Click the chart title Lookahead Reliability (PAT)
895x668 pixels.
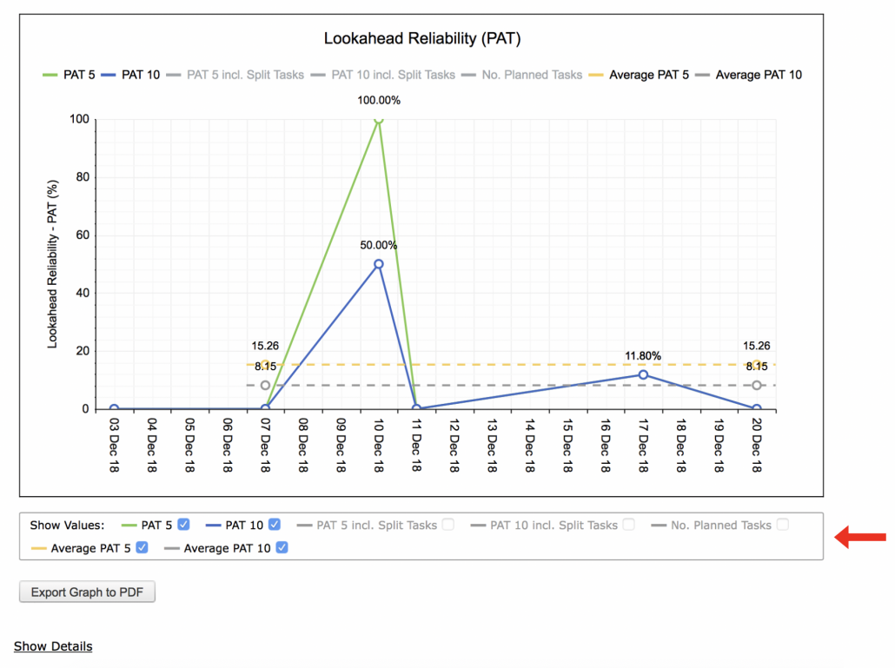421,38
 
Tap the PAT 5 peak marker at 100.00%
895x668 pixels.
379,119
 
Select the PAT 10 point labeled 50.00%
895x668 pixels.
379,264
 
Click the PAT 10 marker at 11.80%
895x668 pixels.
643,374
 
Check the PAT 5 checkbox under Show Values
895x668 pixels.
183,525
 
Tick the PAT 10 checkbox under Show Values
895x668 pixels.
275,525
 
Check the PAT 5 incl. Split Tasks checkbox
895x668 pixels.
448,525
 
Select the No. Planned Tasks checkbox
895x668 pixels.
783,525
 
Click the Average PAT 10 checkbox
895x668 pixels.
282,547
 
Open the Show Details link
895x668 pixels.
53,646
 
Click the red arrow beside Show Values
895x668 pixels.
860,537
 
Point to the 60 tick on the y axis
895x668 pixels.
83,235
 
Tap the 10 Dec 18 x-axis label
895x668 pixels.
379,446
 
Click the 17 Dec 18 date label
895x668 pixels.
643,446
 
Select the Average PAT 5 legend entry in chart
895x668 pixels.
639,75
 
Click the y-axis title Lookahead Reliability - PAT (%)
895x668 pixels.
52,264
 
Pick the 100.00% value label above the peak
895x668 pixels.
379,101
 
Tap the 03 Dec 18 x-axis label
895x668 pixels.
114,446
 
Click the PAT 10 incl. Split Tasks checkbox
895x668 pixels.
629,525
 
